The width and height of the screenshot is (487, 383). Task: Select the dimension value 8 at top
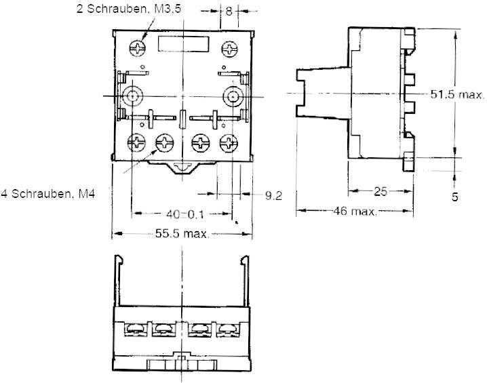[229, 11]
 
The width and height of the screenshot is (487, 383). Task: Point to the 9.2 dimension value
[273, 195]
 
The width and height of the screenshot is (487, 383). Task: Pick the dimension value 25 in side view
[381, 192]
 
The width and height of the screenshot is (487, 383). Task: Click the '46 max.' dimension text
[354, 211]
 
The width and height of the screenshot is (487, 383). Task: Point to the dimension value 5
[454, 197]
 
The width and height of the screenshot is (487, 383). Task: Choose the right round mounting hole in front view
[234, 96]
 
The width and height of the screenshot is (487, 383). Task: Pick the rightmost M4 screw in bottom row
[228, 142]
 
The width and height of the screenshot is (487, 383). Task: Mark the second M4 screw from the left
[165, 142]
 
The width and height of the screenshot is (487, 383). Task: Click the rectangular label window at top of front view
[181, 45]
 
